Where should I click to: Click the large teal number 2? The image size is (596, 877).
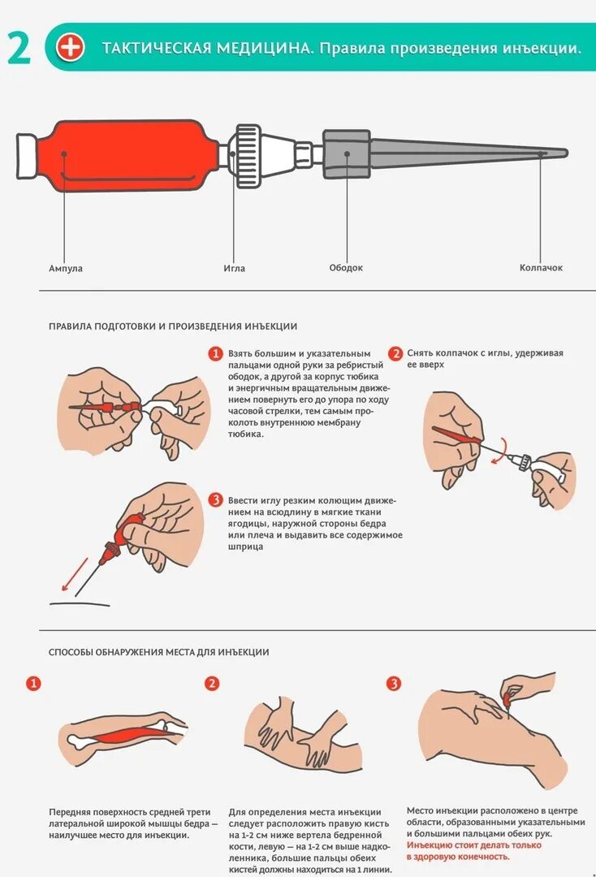(19, 49)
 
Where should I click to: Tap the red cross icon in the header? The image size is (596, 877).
(71, 48)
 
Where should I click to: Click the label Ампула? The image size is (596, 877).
(66, 268)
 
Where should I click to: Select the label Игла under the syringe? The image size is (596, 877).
(235, 268)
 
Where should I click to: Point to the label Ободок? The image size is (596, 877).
(346, 268)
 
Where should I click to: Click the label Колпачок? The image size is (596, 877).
(542, 268)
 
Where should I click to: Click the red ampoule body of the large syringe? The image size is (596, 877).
(130, 154)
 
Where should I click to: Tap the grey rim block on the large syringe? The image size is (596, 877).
(346, 153)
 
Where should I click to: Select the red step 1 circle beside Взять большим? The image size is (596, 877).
(215, 353)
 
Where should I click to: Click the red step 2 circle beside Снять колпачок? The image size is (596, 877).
(395, 353)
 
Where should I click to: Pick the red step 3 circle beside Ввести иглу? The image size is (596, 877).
(215, 499)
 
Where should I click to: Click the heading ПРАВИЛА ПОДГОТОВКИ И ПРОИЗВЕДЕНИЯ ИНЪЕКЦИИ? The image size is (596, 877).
(173, 326)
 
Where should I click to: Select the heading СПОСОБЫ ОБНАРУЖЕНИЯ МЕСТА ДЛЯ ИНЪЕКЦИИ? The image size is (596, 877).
(159, 652)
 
